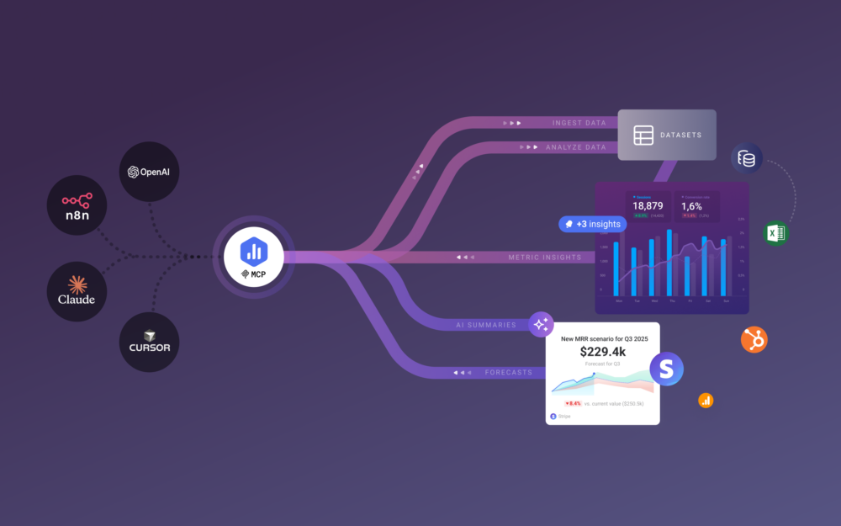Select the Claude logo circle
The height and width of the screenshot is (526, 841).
pos(77,290)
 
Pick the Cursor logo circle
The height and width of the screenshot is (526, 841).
pos(150,341)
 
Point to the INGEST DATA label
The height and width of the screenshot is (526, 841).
pos(579,123)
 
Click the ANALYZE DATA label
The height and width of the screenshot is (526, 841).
pos(576,147)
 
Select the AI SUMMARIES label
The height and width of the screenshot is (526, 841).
pos(486,324)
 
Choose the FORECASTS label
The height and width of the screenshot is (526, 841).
pos(509,371)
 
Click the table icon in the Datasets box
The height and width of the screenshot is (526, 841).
pos(643,135)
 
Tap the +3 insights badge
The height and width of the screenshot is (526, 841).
pos(592,224)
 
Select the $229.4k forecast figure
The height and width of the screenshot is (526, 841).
pos(601,351)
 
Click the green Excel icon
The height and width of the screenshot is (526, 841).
pos(775,233)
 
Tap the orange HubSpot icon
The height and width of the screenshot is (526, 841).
pos(754,339)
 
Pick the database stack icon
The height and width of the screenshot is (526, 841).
pos(746,158)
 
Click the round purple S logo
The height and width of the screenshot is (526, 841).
pos(666,369)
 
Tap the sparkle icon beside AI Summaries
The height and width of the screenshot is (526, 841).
pos(541,324)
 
